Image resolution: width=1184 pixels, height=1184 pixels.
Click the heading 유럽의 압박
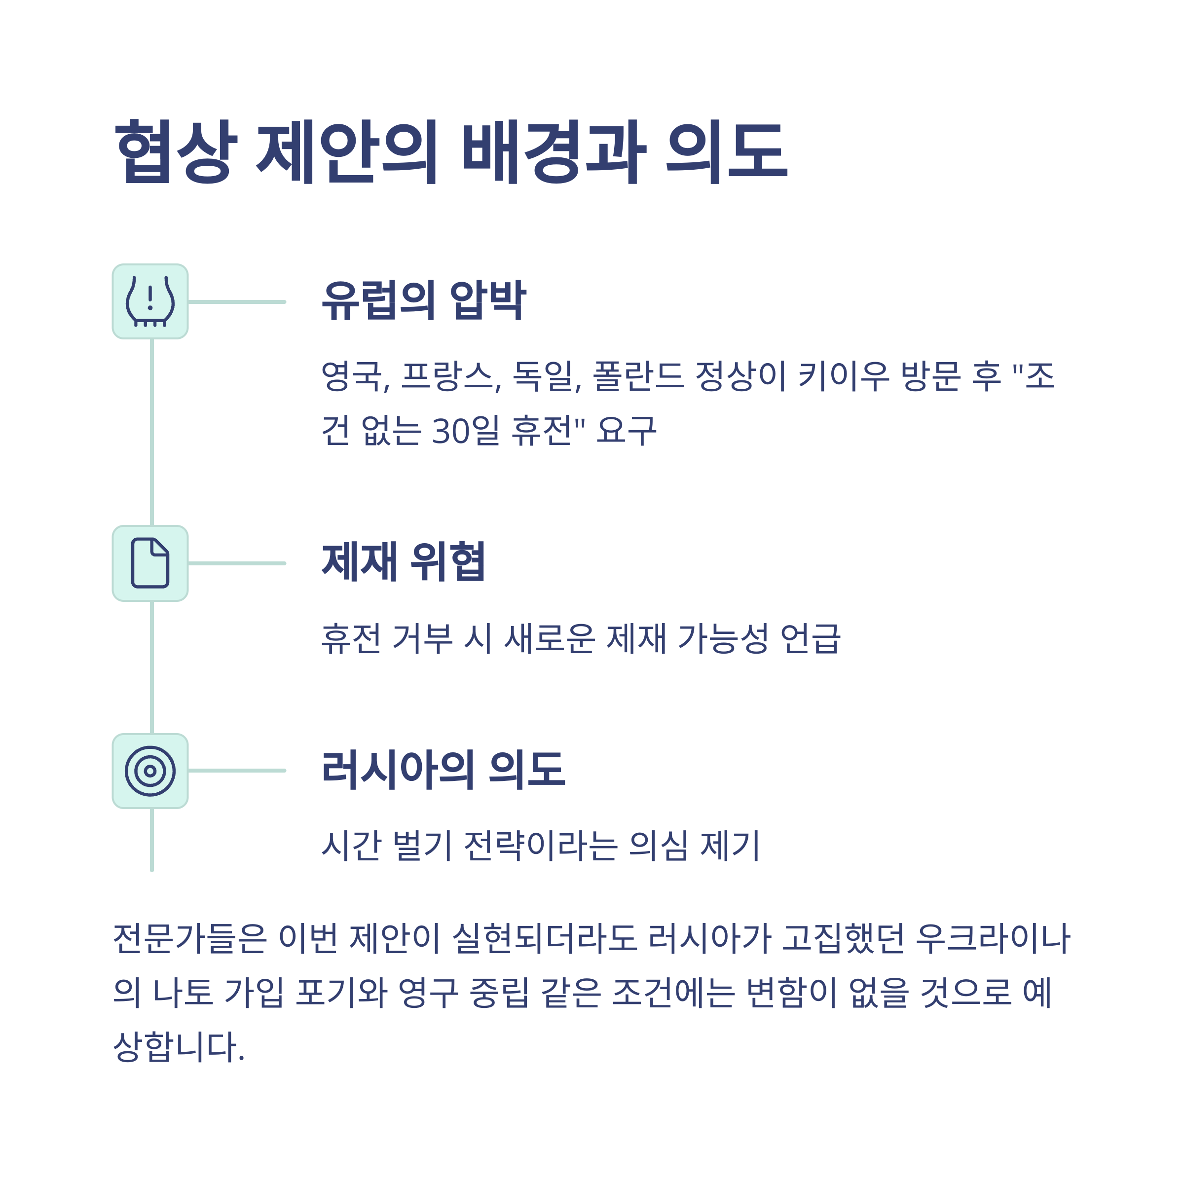tap(424, 300)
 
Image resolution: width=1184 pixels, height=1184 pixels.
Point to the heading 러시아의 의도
tap(443, 769)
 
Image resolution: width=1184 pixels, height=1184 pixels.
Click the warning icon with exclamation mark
tap(150, 301)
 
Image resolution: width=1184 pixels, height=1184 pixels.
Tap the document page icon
tap(150, 562)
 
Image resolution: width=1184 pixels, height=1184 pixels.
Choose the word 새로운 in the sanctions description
tap(549, 638)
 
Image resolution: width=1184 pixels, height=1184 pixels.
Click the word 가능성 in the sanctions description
tap(723, 638)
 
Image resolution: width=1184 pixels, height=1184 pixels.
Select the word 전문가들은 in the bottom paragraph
tap(190, 938)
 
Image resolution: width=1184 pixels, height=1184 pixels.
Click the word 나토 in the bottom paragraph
tap(183, 992)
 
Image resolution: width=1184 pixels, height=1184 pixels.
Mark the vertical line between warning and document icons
tap(152, 432)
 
